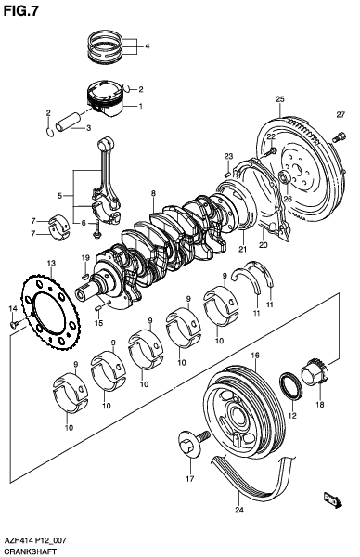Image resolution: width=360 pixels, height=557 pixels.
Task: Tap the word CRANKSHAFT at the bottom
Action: coord(30,551)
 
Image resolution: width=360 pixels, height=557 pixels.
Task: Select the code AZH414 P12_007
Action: coord(35,539)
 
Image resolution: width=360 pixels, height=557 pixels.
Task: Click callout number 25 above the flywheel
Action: coord(279,98)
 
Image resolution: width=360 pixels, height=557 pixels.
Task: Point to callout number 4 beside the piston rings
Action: coord(147,45)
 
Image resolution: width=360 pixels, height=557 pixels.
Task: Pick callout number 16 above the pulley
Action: coord(255,356)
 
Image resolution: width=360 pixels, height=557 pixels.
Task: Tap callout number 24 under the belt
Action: coord(238,509)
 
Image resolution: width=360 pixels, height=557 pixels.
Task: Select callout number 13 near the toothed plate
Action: coord(51,265)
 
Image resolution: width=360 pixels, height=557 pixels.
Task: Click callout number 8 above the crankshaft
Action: coord(152,193)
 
